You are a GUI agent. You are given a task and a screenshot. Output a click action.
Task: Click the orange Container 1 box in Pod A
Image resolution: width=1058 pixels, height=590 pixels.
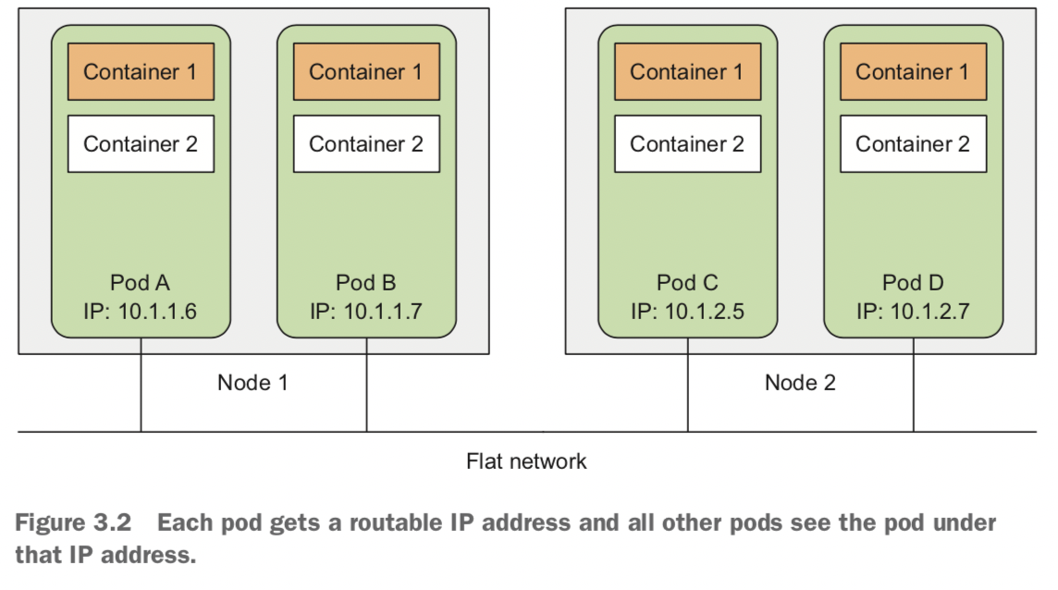[x=141, y=71]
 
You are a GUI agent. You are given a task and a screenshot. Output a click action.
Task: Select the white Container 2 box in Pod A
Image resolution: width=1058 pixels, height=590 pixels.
[x=141, y=143]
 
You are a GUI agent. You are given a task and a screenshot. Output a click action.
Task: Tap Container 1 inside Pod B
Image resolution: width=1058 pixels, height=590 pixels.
[x=366, y=71]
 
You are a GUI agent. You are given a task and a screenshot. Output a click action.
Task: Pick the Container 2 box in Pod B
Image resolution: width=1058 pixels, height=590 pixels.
[x=366, y=143]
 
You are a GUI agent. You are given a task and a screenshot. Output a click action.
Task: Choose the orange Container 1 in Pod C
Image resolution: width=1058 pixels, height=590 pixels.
[x=687, y=71]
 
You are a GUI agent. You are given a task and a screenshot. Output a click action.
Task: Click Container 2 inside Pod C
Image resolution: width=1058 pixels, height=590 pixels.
[x=687, y=143]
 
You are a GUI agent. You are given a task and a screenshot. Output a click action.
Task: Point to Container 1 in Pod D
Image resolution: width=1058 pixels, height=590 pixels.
[x=913, y=71]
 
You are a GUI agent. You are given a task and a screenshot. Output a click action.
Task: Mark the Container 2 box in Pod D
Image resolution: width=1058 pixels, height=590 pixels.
[x=913, y=143]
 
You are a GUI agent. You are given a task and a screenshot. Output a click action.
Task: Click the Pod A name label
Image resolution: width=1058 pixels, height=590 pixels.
[x=141, y=282]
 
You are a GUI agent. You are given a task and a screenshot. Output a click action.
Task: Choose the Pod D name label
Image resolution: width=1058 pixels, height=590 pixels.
[x=913, y=282]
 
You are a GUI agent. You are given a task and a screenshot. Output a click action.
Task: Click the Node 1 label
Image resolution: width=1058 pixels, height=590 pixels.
[x=252, y=382]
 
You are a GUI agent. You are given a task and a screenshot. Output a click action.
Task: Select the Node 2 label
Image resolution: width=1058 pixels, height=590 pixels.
[x=800, y=382]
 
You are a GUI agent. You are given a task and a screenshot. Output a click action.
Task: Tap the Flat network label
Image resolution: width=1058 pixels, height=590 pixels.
[x=526, y=461]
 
